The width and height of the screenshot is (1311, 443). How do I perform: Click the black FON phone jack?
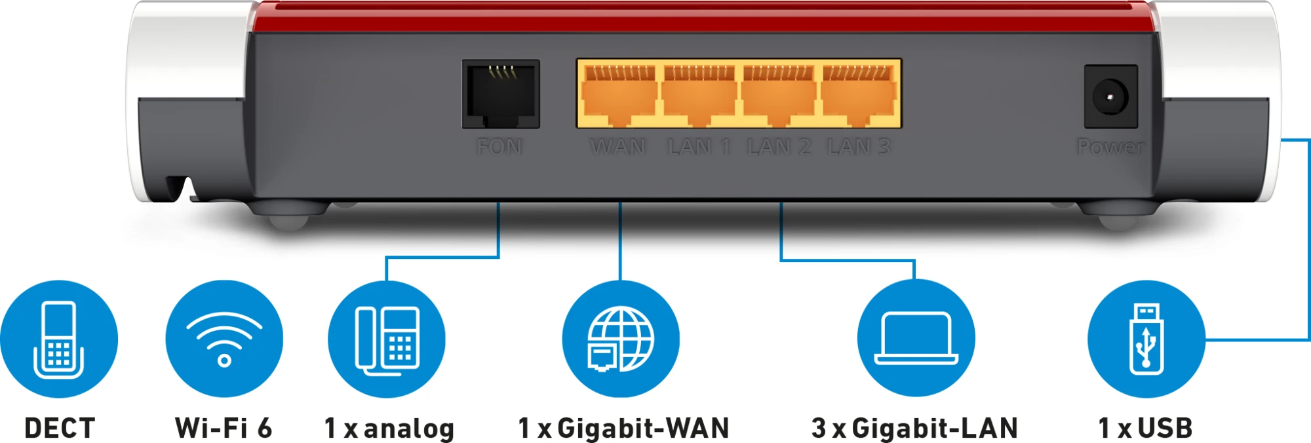click(x=501, y=94)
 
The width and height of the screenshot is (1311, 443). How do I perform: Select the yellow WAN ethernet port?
click(x=619, y=94)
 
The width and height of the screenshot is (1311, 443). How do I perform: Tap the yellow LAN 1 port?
click(x=699, y=94)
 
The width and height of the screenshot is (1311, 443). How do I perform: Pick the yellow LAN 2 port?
click(x=778, y=94)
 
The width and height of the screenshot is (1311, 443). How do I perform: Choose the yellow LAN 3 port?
click(x=859, y=94)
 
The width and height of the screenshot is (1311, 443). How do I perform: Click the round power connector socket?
click(x=1110, y=97)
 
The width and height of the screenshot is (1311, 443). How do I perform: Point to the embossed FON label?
click(x=500, y=147)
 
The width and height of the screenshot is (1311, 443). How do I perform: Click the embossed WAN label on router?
click(x=618, y=147)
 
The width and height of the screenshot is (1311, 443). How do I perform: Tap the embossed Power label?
click(x=1110, y=147)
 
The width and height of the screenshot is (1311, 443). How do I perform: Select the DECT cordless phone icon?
click(x=59, y=339)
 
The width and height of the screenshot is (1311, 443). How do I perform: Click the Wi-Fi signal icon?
click(x=224, y=339)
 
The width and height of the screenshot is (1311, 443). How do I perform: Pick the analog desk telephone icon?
click(x=387, y=339)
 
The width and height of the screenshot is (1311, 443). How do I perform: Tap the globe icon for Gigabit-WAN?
click(x=621, y=339)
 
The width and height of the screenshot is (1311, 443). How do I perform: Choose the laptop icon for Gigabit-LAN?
click(x=916, y=338)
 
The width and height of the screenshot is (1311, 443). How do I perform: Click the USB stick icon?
click(x=1146, y=339)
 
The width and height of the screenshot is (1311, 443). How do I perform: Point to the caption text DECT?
click(x=60, y=429)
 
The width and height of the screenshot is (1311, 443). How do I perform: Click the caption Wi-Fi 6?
click(x=224, y=429)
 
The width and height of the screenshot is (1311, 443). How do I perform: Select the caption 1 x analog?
click(x=389, y=429)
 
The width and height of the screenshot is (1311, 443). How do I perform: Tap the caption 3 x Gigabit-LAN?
click(x=914, y=429)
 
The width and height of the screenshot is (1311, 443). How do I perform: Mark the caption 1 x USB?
click(x=1145, y=429)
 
